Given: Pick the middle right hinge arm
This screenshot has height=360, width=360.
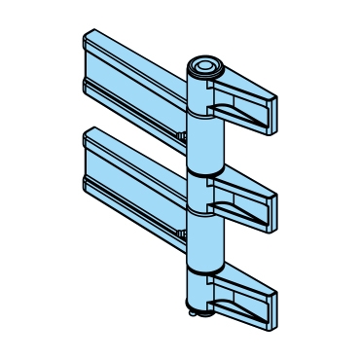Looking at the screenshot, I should point(243,190).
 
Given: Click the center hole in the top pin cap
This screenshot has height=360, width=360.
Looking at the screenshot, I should point(205,66).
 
